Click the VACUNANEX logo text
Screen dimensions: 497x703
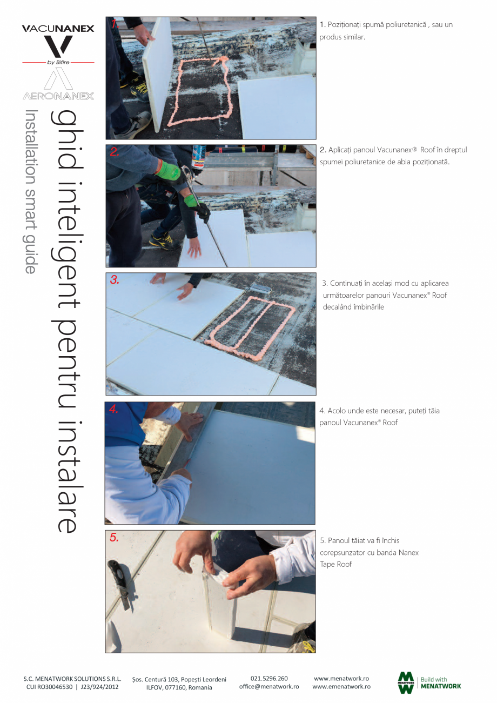point(58,29)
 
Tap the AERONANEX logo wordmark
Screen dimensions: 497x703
point(58,96)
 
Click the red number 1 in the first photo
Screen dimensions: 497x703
point(114,24)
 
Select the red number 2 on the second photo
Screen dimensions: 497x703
point(115,152)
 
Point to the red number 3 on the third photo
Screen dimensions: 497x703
point(115,279)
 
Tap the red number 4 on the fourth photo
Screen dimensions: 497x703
point(113,409)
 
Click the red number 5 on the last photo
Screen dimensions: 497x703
point(114,538)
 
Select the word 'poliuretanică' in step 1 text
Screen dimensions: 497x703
point(406,25)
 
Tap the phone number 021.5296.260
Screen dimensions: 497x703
point(269,679)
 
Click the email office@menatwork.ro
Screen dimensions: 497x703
point(269,686)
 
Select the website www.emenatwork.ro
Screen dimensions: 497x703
point(341,686)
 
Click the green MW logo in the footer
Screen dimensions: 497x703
point(406,682)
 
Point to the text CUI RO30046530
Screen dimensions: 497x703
point(49,687)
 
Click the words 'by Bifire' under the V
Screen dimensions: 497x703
point(58,63)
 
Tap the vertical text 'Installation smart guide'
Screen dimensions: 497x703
point(31,192)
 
